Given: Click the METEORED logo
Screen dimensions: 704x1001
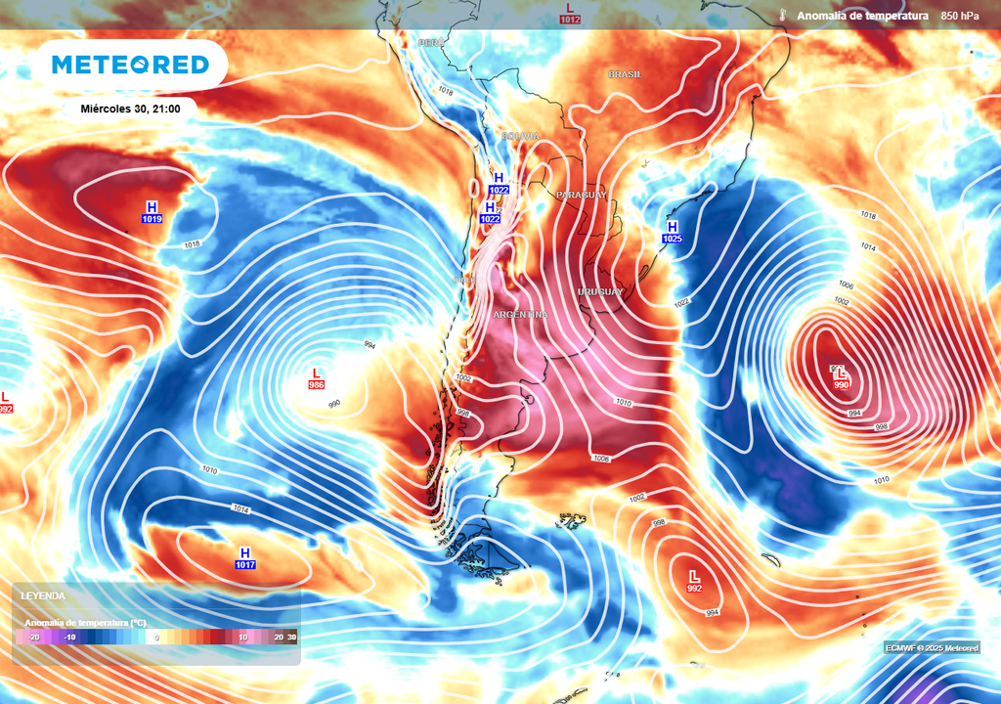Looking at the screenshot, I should pyautogui.click(x=130, y=65).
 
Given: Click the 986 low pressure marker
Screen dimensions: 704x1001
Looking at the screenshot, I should pyautogui.click(x=316, y=379).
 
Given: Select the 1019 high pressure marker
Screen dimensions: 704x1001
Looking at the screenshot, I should pyautogui.click(x=152, y=213).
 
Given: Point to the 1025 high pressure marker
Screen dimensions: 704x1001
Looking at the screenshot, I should pyautogui.click(x=673, y=233).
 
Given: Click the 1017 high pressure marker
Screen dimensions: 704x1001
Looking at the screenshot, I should pyautogui.click(x=245, y=559).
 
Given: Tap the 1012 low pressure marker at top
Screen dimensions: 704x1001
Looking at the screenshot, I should pyautogui.click(x=570, y=13).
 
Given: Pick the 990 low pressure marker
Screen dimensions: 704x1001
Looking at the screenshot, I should pyautogui.click(x=841, y=378).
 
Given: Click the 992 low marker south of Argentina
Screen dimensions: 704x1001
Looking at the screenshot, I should pyautogui.click(x=694, y=582).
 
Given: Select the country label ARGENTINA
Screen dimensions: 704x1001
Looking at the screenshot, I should pyautogui.click(x=520, y=315).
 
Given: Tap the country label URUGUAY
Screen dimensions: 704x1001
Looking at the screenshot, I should pyautogui.click(x=599, y=292).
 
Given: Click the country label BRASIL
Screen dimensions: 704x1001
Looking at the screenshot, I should pyautogui.click(x=625, y=74).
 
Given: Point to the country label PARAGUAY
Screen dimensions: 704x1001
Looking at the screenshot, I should pyautogui.click(x=581, y=196).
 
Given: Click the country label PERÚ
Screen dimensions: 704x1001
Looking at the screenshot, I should pyautogui.click(x=431, y=43).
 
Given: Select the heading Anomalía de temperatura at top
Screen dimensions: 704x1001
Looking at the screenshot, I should pyautogui.click(x=861, y=16).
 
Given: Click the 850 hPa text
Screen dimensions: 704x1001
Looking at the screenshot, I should pyautogui.click(x=960, y=16).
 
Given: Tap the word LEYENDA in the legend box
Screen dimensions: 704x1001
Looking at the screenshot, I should pyautogui.click(x=43, y=595).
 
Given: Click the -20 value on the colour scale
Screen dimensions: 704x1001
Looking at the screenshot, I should pyautogui.click(x=33, y=637).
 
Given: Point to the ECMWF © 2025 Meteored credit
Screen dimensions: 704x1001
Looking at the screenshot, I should pyautogui.click(x=932, y=648).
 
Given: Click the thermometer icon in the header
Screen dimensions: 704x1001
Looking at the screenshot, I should pyautogui.click(x=784, y=16).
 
